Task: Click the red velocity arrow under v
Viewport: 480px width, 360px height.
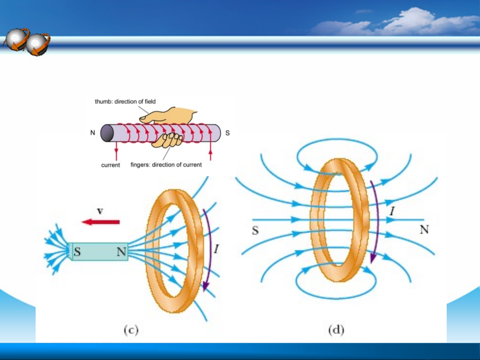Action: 101,222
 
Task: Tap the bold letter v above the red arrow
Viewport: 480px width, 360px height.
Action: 100,211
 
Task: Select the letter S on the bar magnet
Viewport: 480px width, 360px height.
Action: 77,251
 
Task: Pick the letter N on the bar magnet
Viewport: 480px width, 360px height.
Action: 121,251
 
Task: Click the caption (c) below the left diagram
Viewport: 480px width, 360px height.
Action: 131,330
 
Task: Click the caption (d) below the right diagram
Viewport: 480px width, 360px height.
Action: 336,330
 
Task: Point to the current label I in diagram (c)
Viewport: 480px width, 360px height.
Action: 217,249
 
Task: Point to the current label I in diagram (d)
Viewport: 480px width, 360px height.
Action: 392,211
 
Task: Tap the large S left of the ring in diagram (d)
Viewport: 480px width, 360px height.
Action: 255,230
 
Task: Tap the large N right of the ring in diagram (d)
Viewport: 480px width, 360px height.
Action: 424,229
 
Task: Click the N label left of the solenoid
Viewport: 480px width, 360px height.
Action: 93,133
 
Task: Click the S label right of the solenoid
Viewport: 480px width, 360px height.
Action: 228,133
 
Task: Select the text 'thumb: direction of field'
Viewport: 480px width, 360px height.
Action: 125,102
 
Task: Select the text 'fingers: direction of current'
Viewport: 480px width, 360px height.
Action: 166,165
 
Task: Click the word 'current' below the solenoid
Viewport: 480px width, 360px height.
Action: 111,165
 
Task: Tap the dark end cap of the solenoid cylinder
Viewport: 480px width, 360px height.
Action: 107,133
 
